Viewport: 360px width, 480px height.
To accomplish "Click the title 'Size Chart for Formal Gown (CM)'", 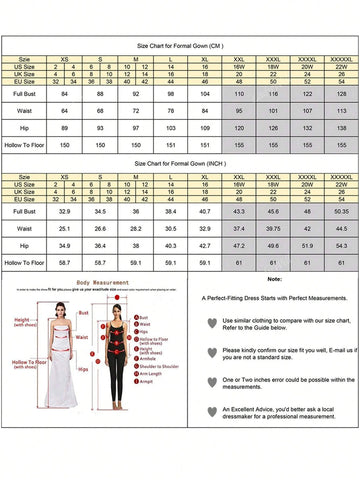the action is click(x=180, y=46).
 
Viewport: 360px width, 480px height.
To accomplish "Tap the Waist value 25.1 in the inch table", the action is click(x=65, y=229).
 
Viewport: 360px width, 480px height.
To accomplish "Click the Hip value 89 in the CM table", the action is click(x=65, y=129).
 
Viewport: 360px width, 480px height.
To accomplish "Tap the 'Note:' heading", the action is click(x=275, y=279).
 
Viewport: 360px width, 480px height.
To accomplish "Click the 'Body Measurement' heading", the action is click(x=103, y=283).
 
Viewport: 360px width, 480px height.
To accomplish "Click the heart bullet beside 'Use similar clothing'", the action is click(x=211, y=323).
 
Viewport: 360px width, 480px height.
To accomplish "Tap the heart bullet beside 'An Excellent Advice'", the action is click(x=211, y=413).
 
